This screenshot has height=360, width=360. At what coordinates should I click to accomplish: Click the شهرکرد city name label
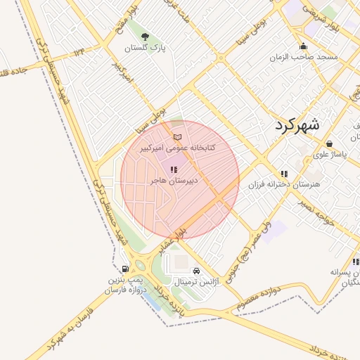pyautogui.click(x=292, y=125)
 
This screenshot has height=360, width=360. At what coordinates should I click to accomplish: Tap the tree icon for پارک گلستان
pyautogui.click(x=145, y=37)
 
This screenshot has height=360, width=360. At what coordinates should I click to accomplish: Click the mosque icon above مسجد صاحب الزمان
pyautogui.click(x=303, y=46)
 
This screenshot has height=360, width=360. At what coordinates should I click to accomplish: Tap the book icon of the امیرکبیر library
pyautogui.click(x=176, y=136)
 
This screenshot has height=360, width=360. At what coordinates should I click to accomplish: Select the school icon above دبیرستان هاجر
pyautogui.click(x=173, y=169)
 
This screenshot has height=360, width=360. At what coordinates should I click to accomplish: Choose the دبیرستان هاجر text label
pyautogui.click(x=174, y=181)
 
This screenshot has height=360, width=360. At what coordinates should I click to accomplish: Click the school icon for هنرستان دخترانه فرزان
pyautogui.click(x=284, y=174)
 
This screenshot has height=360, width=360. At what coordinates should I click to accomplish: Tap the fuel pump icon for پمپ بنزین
pyautogui.click(x=125, y=269)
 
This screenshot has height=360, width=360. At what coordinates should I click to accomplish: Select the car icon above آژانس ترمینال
pyautogui.click(x=196, y=271)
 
